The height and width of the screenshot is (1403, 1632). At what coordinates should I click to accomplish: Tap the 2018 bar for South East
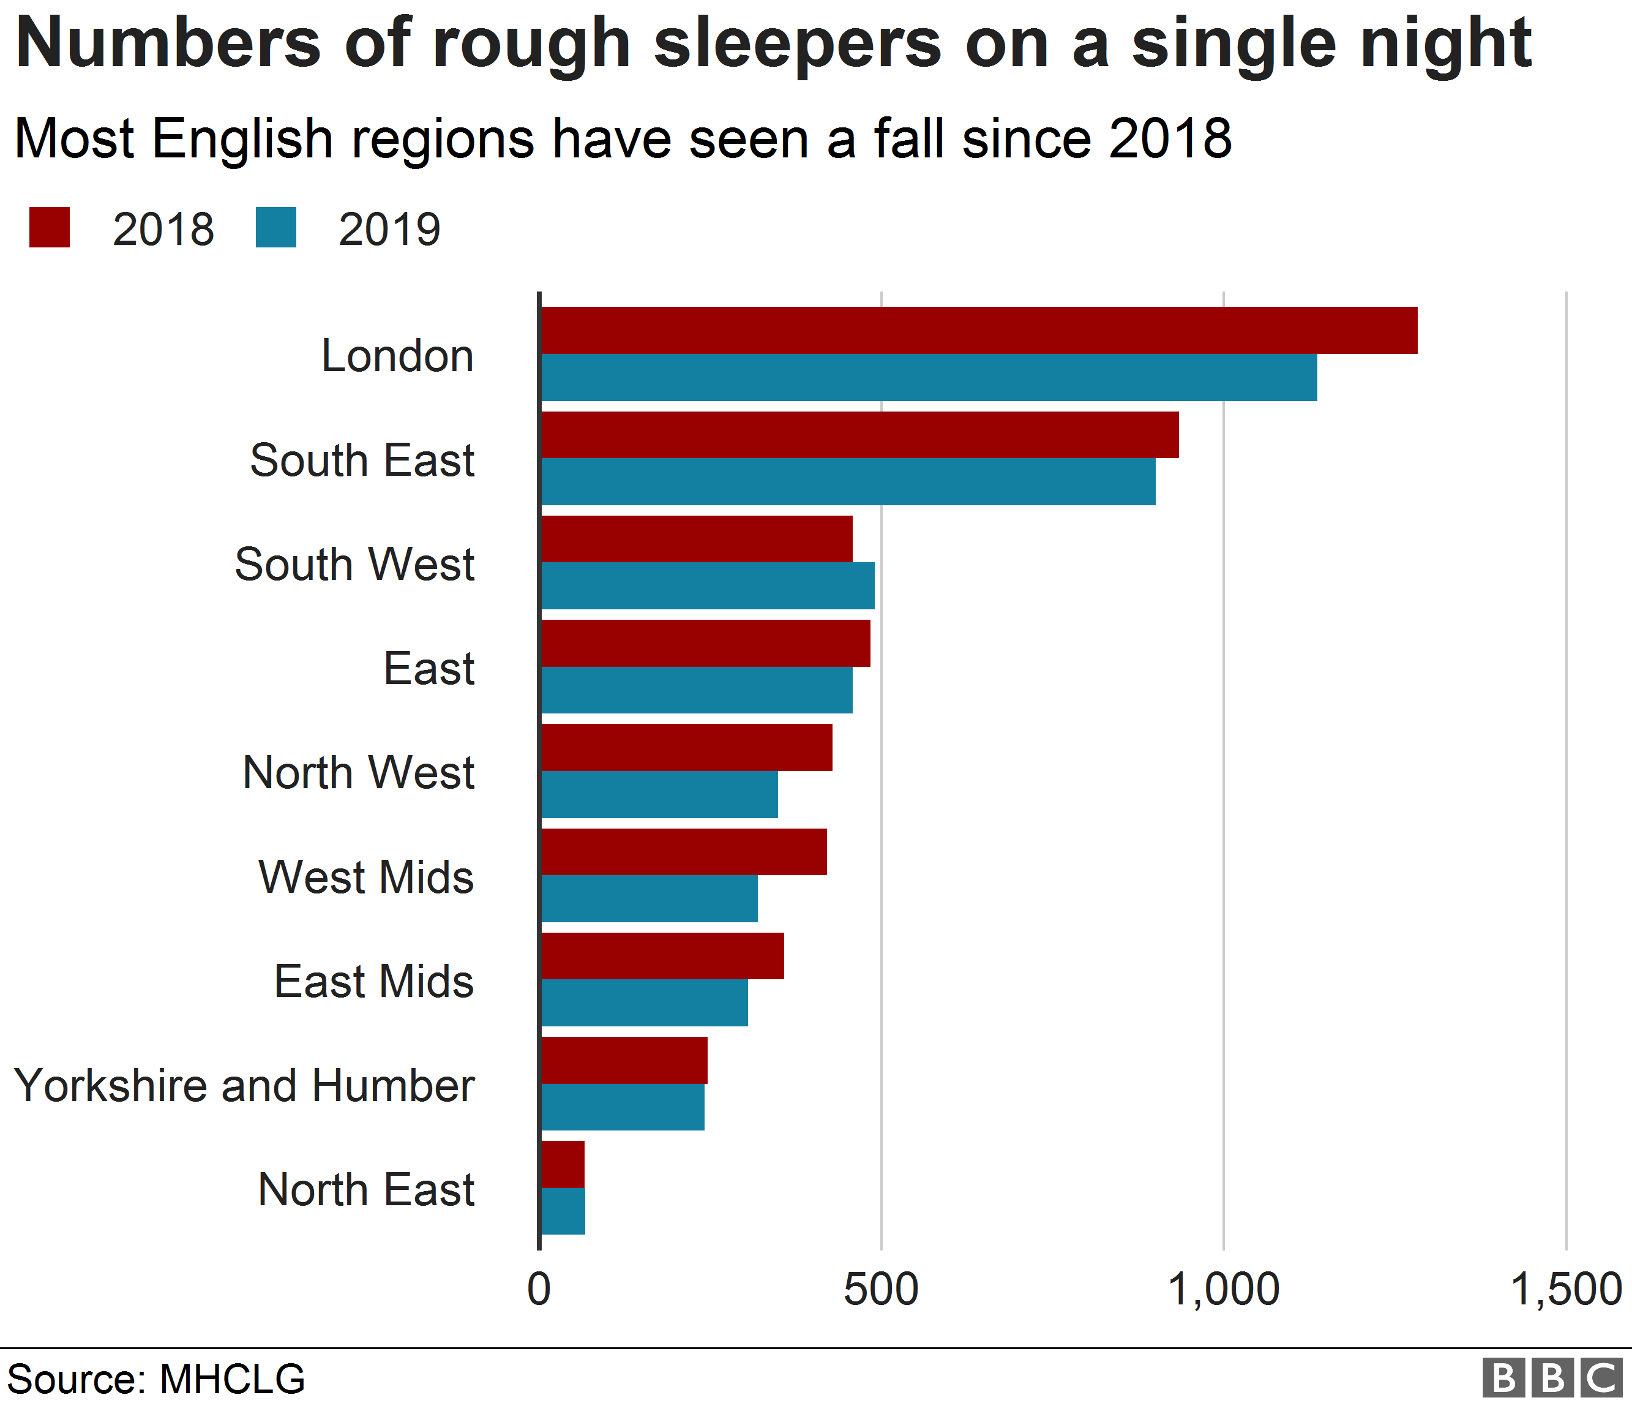(858, 434)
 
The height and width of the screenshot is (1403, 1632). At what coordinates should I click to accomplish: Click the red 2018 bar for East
(705, 643)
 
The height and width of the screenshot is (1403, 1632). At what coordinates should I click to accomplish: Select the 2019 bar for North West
(659, 794)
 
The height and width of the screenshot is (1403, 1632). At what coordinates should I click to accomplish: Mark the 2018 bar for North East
(563, 1164)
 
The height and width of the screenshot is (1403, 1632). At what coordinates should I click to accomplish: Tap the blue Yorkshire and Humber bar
(622, 1107)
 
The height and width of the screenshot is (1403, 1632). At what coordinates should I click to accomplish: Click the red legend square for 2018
(50, 228)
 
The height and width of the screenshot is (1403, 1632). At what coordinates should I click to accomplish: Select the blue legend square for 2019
(275, 228)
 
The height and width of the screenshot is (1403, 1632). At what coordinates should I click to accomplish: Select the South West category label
(354, 564)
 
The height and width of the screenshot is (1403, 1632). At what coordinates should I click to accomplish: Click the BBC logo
(1552, 1378)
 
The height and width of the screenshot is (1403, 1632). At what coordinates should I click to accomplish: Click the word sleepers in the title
(797, 43)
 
